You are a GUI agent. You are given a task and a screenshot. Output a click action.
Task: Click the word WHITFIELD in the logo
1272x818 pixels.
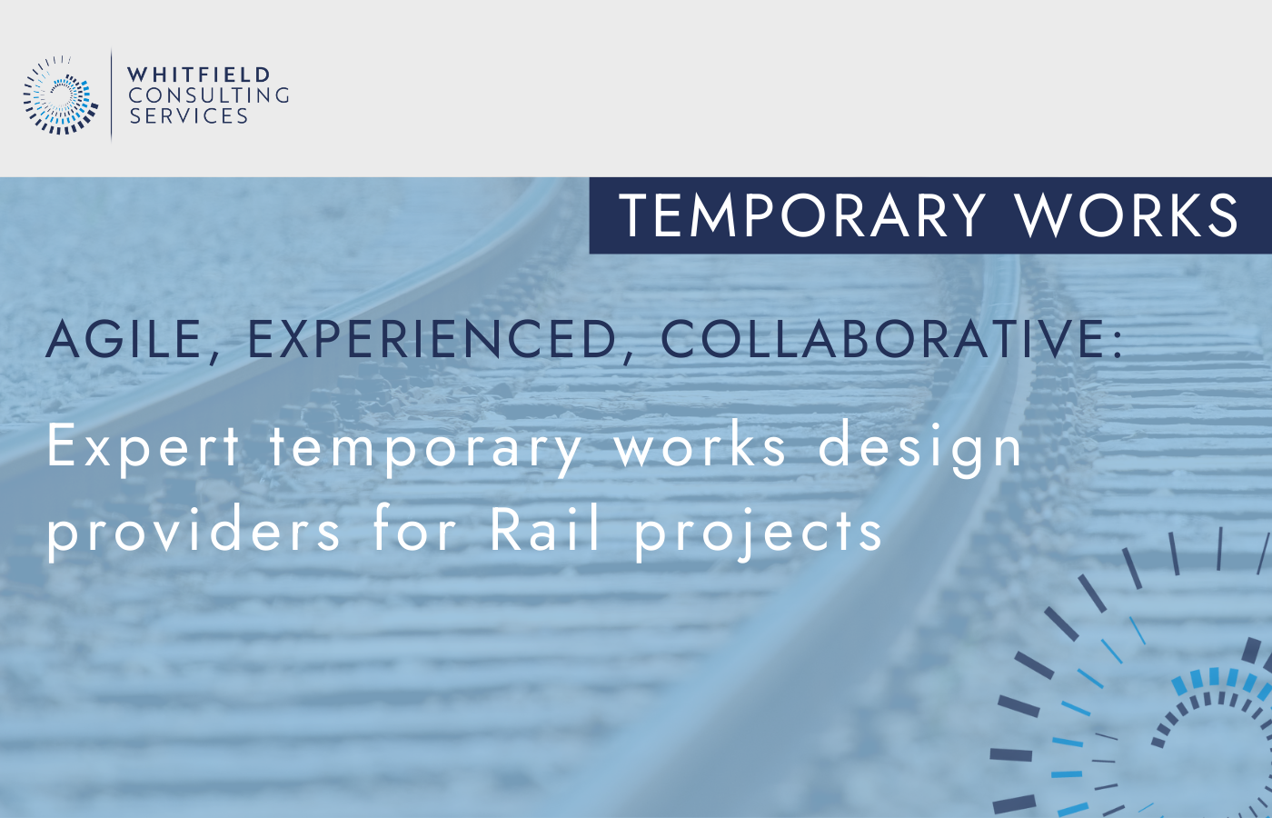coord(199,75)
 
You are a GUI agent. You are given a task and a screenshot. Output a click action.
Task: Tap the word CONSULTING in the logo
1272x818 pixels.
coord(209,95)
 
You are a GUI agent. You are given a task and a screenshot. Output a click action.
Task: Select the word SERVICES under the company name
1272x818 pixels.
coord(189,116)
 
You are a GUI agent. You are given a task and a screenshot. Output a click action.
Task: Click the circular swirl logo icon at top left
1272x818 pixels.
coord(60,95)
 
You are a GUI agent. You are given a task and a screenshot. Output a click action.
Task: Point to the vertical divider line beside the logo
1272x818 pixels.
coord(112,95)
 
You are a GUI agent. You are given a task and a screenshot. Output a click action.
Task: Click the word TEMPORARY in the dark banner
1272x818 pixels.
coord(802,215)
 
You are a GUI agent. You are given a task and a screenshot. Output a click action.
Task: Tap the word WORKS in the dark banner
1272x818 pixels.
coord(1127,215)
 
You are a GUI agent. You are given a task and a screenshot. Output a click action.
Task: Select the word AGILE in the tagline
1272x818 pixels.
coord(124,340)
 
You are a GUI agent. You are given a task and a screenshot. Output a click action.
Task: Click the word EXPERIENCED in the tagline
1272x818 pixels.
coord(432,340)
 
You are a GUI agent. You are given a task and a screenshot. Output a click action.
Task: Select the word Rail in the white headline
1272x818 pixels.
coord(545,529)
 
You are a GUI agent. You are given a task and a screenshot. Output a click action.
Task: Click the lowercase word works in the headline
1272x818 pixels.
coord(700,447)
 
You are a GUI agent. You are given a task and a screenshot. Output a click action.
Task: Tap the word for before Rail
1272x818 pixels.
coord(415,529)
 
